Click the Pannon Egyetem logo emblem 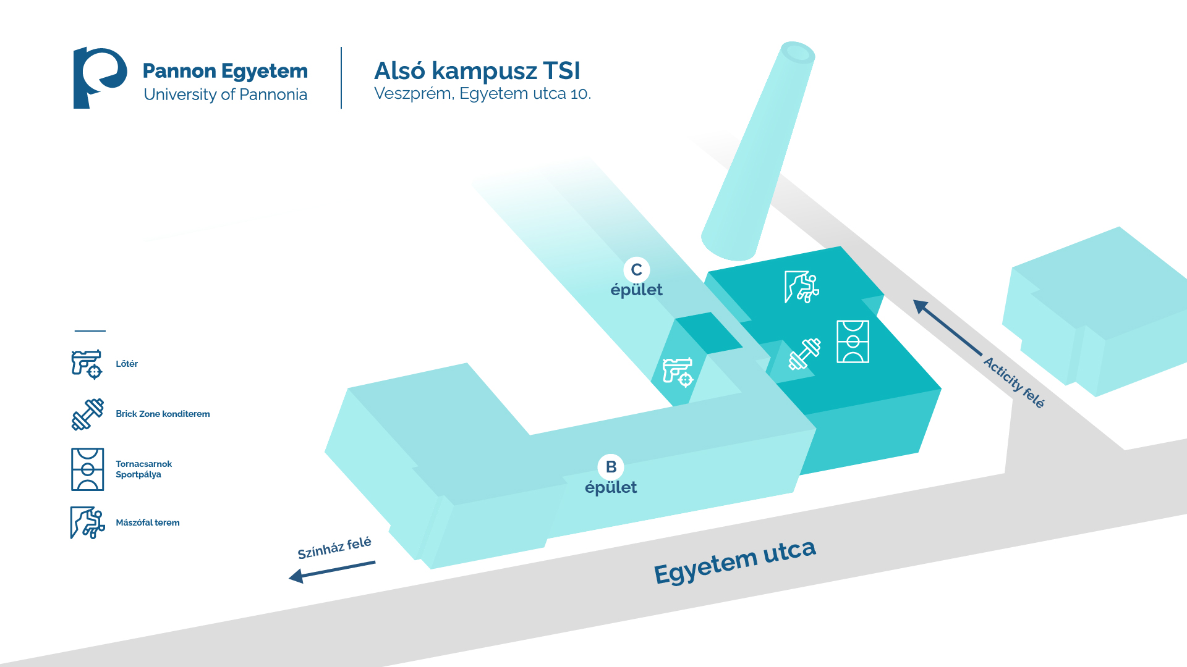[x=99, y=78]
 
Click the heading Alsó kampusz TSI [x=477, y=71]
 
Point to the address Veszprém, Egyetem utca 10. [x=482, y=94]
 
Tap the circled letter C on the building [x=636, y=270]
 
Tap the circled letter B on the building [x=611, y=467]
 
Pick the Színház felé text [x=334, y=548]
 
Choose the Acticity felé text [x=1014, y=382]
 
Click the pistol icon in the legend [x=87, y=364]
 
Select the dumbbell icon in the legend [x=87, y=414]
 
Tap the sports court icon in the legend [x=87, y=469]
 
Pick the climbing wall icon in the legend [x=87, y=522]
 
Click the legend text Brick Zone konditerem [x=163, y=414]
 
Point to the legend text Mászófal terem [x=148, y=522]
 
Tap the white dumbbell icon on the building [x=804, y=354]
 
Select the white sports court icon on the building [x=853, y=342]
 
